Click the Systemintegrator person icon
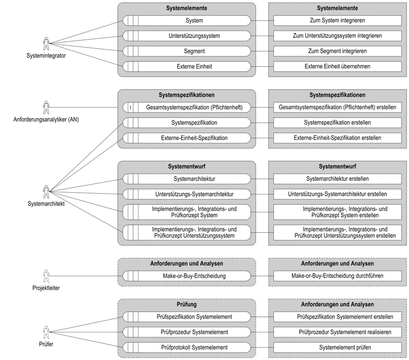point(46,44)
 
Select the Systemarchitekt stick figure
point(46,192)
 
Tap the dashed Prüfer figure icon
point(46,332)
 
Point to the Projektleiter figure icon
point(46,276)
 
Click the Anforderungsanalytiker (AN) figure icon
point(46,107)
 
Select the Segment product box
point(187,51)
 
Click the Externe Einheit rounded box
point(187,67)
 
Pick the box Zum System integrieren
point(337,20)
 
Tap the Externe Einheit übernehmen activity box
point(337,67)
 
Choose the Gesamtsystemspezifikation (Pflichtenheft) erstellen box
point(337,107)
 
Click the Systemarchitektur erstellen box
point(337,179)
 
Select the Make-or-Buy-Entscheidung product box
point(187,276)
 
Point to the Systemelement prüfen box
point(337,347)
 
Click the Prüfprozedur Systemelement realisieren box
point(337,332)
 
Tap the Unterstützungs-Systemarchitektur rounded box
point(187,194)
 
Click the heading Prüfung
point(187,305)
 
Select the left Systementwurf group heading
point(187,166)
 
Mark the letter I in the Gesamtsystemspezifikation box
point(130,107)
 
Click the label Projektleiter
point(46,288)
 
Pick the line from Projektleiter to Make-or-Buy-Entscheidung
point(86,276)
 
